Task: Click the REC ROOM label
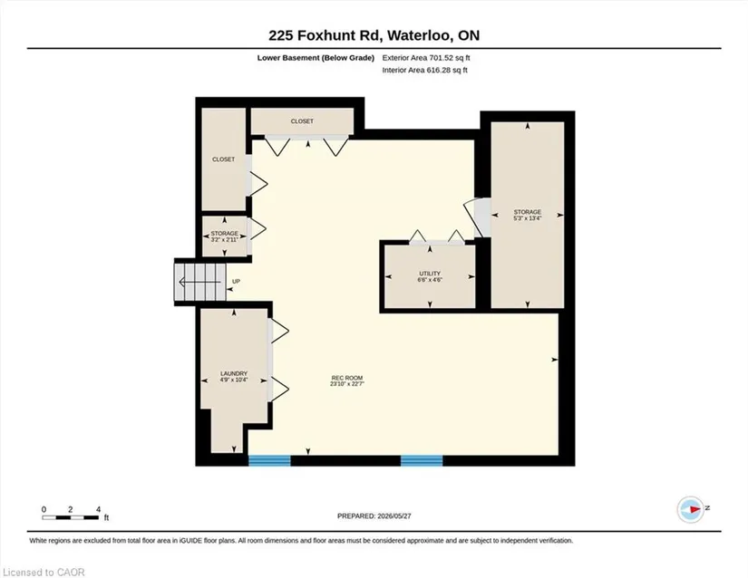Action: coord(347,381)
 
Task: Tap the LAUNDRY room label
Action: coord(234,377)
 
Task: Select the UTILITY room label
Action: coord(430,276)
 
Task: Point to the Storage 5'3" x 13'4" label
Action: coord(527,215)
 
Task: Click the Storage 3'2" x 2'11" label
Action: coord(224,236)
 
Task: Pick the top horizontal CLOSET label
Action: coord(302,121)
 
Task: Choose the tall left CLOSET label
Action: coord(223,159)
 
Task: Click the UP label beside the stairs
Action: coord(236,282)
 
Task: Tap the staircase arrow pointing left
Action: coord(201,282)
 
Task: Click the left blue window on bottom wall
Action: coord(269,460)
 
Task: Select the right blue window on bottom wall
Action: coord(422,460)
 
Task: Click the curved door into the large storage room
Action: coord(473,217)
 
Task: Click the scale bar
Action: coord(71,517)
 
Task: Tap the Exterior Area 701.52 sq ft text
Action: coord(426,58)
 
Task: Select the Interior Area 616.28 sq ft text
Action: coord(424,70)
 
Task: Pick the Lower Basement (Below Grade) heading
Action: coord(316,58)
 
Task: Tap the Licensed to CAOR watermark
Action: coord(44,573)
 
